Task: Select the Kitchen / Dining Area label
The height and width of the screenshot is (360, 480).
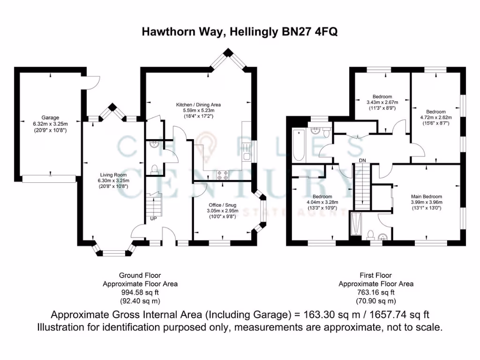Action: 198,105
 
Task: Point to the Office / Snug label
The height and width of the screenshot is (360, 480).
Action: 222,204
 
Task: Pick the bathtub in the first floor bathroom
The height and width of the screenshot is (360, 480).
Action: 299,144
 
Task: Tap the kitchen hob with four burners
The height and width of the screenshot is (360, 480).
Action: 222,175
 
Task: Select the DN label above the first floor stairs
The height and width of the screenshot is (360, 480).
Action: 362,161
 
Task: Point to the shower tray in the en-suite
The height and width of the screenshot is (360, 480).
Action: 356,225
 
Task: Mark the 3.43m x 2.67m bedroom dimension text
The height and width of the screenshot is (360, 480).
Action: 382,102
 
